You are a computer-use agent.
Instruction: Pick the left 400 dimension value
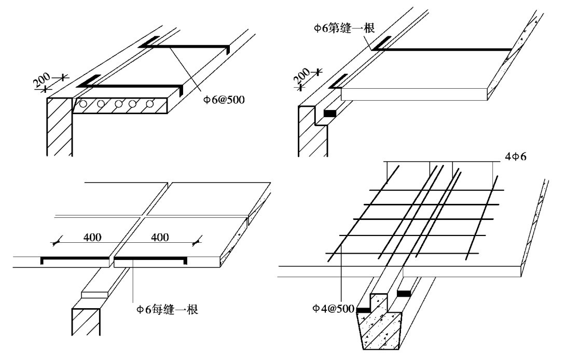(x=92, y=238)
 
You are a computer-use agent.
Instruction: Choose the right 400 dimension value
(x=159, y=238)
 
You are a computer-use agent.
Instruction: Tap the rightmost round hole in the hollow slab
(x=150, y=104)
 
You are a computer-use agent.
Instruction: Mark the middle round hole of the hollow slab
(x=119, y=104)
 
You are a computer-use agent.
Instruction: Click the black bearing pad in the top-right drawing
(x=330, y=113)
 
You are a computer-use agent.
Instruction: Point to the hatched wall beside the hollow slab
(x=59, y=127)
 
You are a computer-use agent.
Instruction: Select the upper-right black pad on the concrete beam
(x=404, y=294)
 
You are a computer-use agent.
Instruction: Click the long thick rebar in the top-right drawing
(x=446, y=50)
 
